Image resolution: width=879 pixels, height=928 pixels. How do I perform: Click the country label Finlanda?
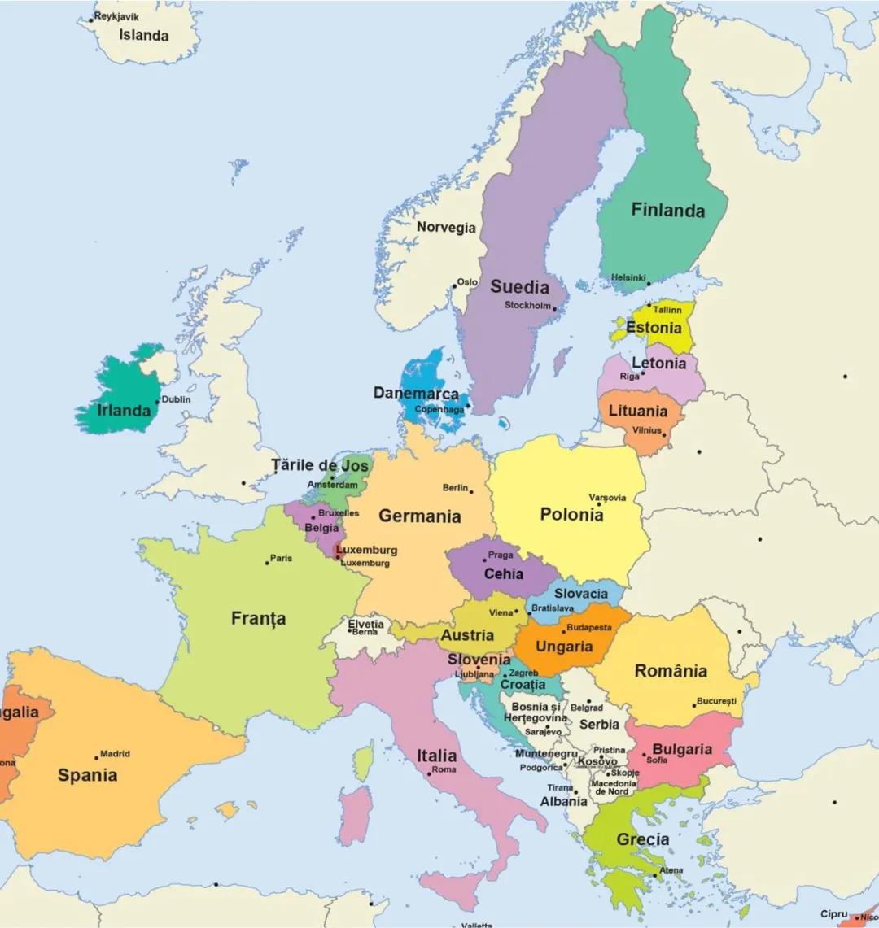click(668, 211)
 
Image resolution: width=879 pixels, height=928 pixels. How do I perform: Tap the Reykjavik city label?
click(116, 16)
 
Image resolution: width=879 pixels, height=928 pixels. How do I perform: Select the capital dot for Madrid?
click(97, 758)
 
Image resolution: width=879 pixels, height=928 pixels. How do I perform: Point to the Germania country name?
click(419, 516)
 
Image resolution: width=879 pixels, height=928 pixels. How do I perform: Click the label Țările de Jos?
click(320, 466)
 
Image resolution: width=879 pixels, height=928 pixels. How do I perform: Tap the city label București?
click(716, 701)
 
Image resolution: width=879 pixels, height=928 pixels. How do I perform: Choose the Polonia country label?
click(571, 515)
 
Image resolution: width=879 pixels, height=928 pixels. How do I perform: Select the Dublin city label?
click(177, 399)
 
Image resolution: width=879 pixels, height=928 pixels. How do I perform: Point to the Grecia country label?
click(643, 839)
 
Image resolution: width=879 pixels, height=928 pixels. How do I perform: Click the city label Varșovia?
click(607, 498)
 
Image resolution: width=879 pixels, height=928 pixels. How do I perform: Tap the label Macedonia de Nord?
click(614, 788)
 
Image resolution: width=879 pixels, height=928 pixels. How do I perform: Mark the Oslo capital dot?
click(454, 285)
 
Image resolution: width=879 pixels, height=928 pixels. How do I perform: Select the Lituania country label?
click(638, 412)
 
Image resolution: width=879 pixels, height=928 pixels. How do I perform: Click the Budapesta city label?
click(589, 627)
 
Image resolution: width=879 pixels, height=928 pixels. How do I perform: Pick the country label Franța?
click(259, 619)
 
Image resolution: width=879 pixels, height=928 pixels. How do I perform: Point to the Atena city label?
click(671, 870)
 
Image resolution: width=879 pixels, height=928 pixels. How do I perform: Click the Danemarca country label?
click(416, 394)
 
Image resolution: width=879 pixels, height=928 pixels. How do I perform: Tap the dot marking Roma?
click(429, 773)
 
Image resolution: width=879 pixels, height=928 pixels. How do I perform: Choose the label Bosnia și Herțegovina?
click(535, 713)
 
